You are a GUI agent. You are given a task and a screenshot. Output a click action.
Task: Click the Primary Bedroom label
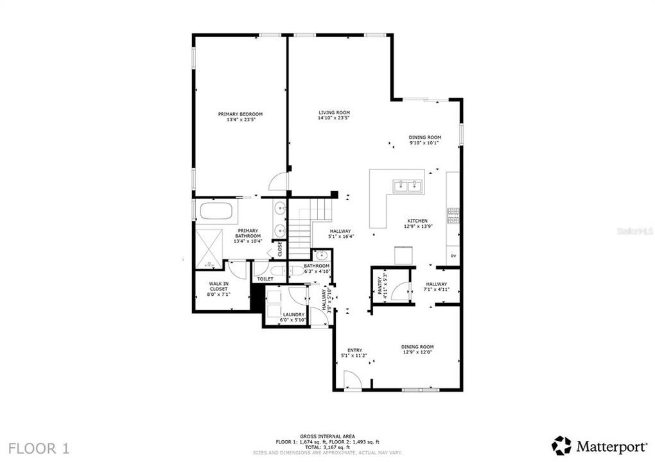240,114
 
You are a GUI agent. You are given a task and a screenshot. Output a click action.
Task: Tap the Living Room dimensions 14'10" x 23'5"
334,118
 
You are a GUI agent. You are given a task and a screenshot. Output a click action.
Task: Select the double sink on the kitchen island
406,187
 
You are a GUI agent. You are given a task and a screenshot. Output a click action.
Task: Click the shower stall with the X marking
209,248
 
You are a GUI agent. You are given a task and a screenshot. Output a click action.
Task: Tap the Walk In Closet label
219,287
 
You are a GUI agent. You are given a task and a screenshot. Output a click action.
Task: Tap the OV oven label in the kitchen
453,256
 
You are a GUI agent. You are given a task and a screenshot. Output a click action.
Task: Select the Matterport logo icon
561,445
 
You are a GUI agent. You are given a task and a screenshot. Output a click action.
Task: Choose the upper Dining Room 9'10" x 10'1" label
425,140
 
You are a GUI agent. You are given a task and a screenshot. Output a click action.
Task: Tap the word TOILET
265,279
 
